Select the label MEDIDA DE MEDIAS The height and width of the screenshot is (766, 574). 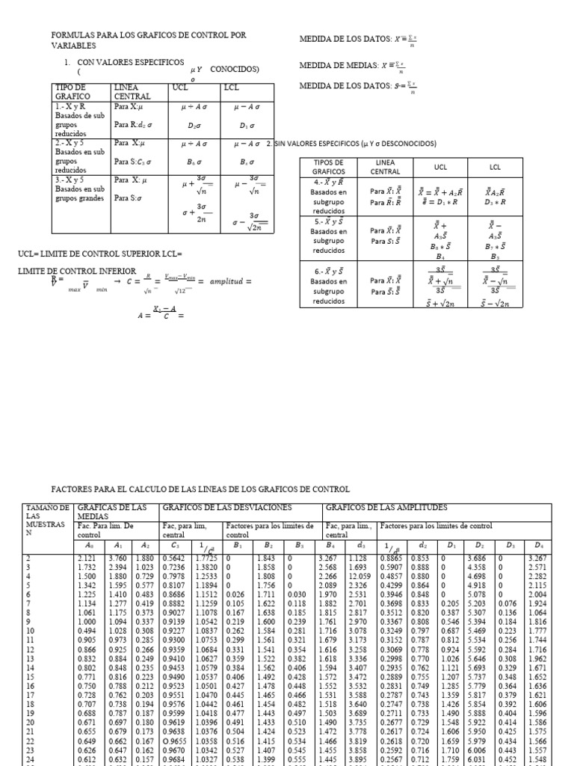pos(336,65)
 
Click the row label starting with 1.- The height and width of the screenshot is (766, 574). pos(70,106)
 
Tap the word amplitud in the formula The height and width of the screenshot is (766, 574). pos(227,281)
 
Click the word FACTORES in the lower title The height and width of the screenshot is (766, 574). pos(73,489)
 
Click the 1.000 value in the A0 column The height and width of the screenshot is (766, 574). pos(87,621)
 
